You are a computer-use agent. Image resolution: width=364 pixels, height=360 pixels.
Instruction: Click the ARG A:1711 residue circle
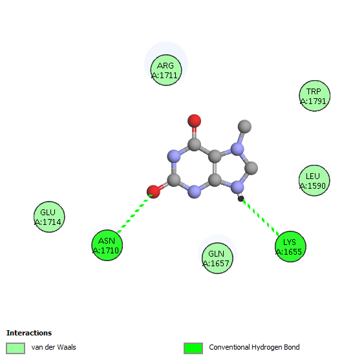[166, 70]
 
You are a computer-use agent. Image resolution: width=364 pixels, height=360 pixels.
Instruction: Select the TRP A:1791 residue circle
[315, 96]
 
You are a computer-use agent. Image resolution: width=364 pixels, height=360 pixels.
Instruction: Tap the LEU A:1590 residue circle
[314, 180]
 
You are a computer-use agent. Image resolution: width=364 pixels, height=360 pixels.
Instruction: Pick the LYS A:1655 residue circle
[290, 246]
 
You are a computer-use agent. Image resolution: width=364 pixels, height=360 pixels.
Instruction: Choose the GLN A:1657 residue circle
[217, 258]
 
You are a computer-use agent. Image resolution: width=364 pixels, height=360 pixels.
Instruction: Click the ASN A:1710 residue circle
[107, 246]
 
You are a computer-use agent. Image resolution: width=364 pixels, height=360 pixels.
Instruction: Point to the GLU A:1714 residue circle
[49, 217]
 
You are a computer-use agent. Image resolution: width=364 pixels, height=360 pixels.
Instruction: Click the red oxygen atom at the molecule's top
[195, 121]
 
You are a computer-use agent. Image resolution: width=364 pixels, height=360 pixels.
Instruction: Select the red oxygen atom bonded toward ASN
[153, 192]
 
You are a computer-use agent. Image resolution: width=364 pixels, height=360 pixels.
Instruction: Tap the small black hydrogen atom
[241, 198]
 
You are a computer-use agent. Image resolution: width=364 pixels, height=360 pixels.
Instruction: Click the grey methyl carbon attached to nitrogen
[244, 127]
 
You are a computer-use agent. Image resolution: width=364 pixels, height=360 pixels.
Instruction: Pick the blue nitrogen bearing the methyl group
[237, 149]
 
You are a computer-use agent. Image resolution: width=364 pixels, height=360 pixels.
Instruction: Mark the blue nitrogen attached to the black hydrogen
[237, 187]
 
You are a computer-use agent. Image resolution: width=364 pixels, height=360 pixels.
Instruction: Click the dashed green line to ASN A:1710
[134, 213]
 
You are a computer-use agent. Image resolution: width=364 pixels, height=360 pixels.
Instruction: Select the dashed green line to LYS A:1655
[261, 217]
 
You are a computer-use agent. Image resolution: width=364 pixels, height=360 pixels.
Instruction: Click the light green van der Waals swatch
[16, 348]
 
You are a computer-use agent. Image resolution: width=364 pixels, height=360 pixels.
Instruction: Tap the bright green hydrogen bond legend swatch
[193, 348]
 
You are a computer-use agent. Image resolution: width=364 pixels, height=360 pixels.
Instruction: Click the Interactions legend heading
[29, 333]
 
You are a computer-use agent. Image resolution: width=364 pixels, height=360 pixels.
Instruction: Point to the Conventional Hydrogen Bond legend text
[254, 347]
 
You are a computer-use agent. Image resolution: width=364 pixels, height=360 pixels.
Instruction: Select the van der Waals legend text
[54, 347]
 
